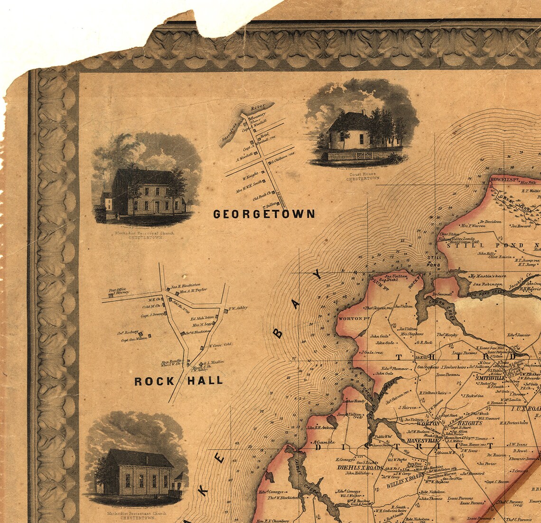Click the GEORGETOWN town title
(264, 214)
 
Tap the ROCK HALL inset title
(178, 380)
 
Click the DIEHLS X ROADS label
(359, 468)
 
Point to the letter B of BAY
(279, 334)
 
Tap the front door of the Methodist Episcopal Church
(157, 207)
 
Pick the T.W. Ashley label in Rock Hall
(238, 308)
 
